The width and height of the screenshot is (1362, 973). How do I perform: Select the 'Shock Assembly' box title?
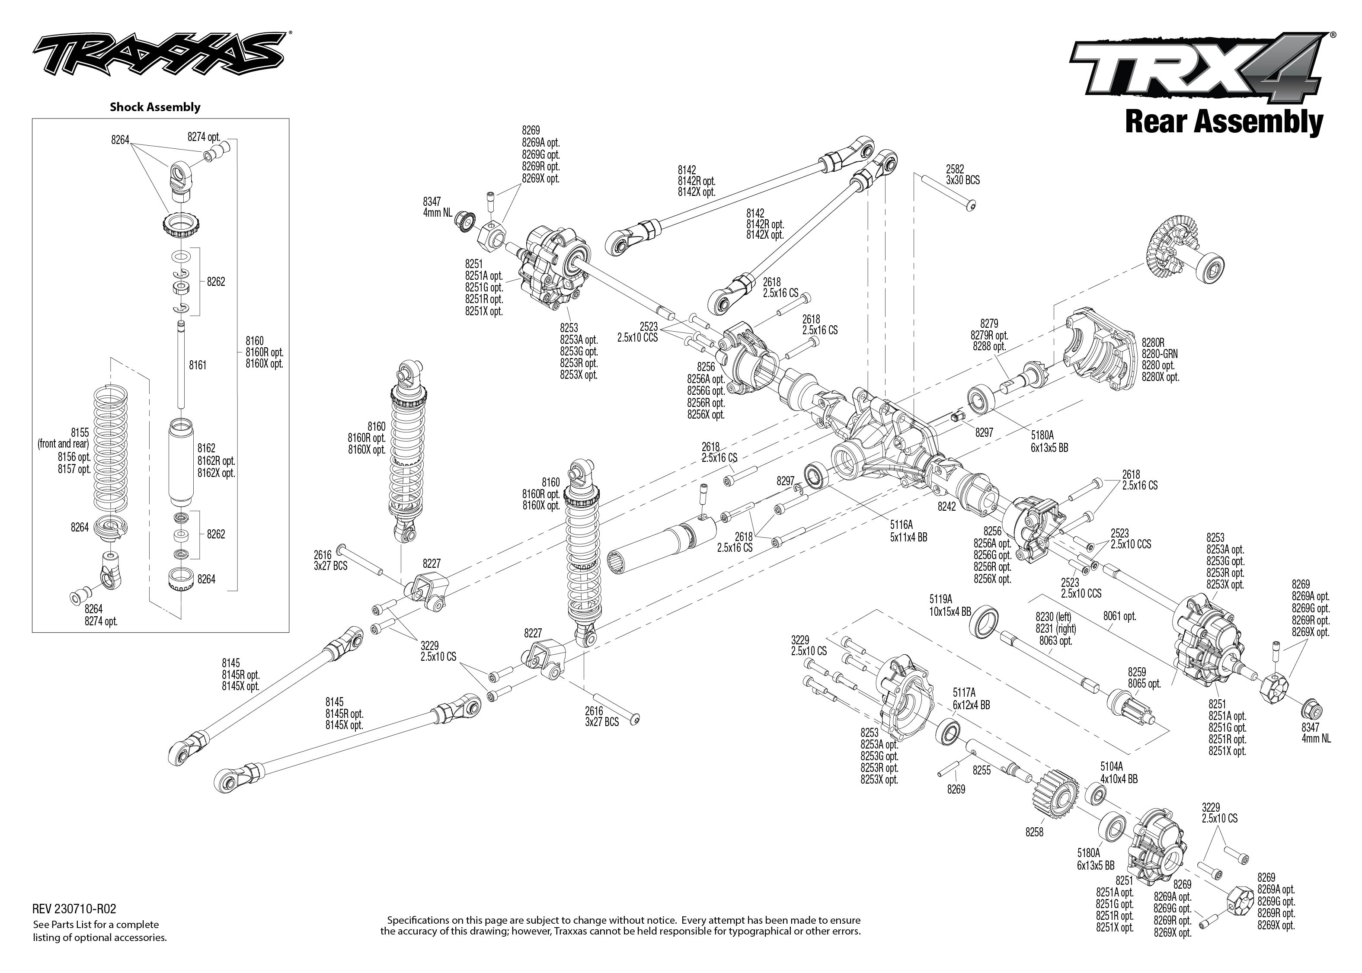[154, 107]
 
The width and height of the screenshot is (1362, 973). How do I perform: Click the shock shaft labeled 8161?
[180, 365]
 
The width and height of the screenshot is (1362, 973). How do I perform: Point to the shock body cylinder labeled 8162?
[182, 461]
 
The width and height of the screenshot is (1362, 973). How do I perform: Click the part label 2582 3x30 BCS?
[962, 174]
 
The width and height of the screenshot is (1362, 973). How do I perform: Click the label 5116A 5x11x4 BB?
[908, 531]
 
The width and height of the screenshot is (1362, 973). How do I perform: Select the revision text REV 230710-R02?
[74, 909]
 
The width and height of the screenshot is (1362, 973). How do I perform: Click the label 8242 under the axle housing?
[947, 506]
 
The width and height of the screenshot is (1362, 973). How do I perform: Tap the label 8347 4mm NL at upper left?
[437, 207]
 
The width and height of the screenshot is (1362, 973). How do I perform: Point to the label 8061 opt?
[1119, 616]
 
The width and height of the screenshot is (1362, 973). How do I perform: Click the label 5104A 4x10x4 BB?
[1118, 773]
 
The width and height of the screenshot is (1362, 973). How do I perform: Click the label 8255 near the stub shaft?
[981, 771]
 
